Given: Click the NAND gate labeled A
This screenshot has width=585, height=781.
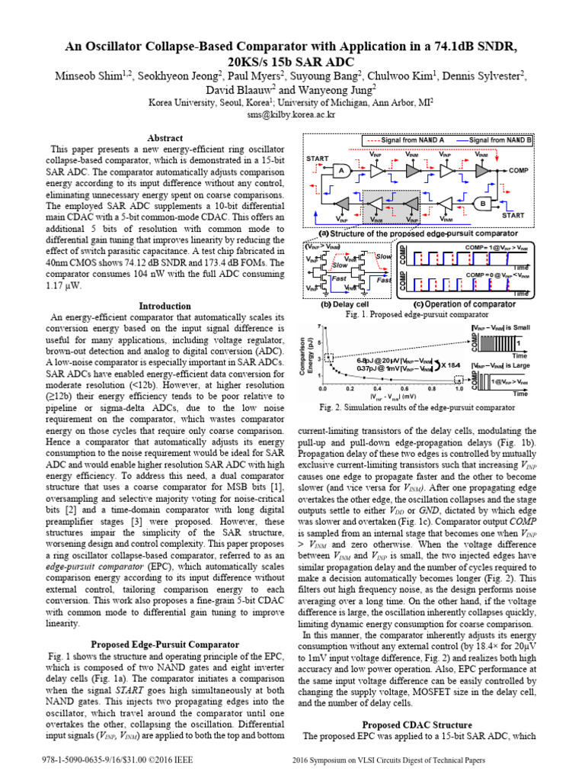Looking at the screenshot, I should tap(343, 170).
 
